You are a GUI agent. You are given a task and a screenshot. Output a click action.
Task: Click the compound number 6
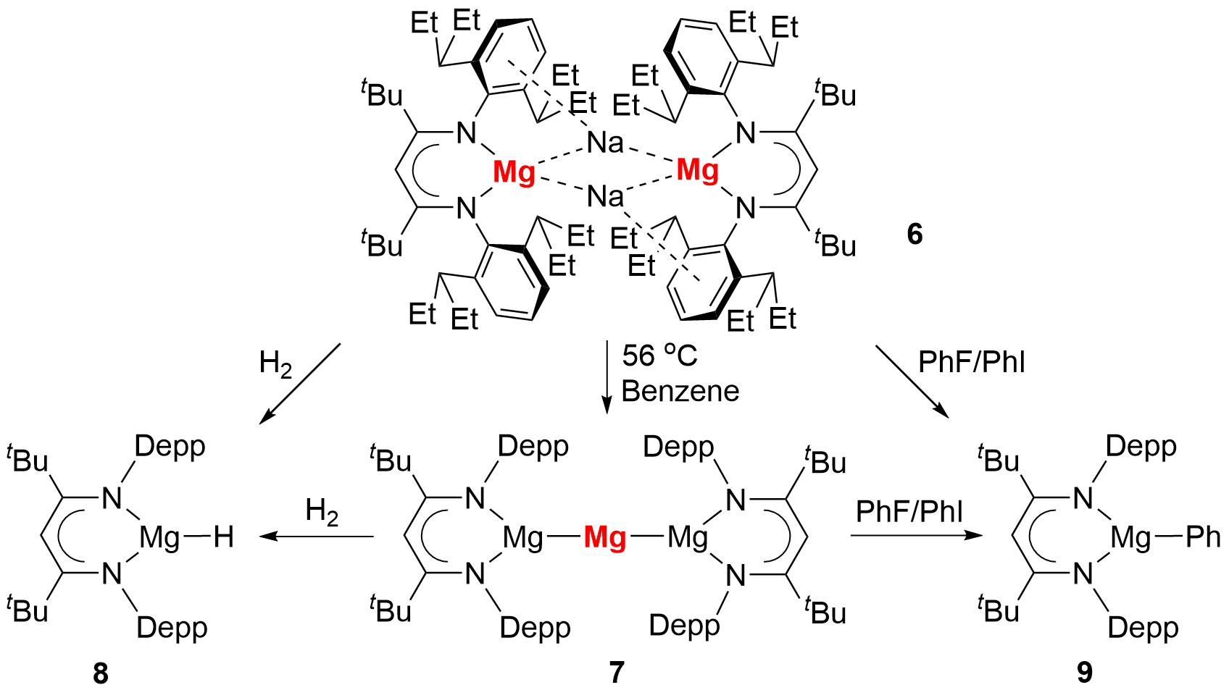tap(915, 234)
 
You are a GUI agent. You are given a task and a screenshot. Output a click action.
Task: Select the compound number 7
tap(616, 673)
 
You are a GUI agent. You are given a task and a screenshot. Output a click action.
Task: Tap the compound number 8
tap(100, 673)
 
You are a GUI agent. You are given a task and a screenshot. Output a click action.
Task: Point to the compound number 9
tap(1084, 673)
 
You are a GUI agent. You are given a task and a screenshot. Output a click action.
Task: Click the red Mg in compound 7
tap(605, 538)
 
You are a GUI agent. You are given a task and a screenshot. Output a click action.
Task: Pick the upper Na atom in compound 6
tap(605, 143)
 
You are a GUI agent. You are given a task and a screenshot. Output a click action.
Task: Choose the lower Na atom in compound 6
tap(605, 196)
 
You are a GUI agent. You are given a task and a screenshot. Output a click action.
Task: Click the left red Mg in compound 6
tap(514, 173)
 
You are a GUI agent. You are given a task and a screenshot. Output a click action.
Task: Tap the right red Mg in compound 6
tap(697, 170)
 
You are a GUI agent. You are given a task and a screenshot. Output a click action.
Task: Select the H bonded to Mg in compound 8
tap(223, 537)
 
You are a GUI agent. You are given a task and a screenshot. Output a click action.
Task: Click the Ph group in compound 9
tap(1203, 537)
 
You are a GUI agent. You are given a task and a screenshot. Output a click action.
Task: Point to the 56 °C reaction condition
tap(659, 356)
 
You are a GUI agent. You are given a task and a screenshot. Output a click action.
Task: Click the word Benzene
tap(680, 391)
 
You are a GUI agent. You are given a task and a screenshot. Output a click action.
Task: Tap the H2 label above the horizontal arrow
tap(322, 511)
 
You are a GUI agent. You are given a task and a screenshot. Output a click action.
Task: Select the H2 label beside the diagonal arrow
tap(275, 363)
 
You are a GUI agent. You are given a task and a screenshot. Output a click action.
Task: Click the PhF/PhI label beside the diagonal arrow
tap(972, 362)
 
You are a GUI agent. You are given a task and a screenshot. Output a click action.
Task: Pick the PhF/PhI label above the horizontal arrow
tap(909, 511)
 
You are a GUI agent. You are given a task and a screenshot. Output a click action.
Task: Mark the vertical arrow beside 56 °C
tap(607, 377)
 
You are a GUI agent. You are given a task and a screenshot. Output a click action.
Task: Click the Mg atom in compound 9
tap(1130, 537)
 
